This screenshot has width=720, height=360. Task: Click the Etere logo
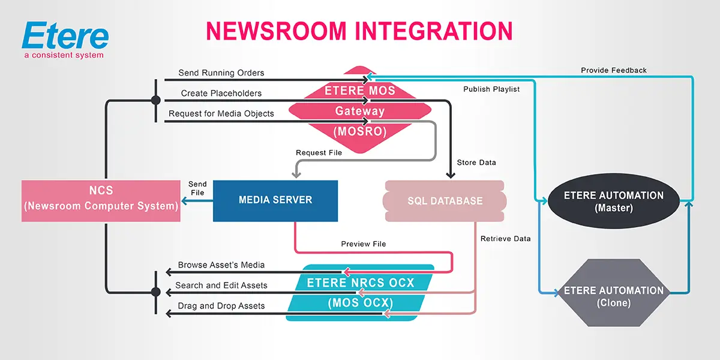[65, 36]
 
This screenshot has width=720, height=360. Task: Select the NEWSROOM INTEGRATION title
[359, 31]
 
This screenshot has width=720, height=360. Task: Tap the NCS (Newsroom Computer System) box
[101, 199]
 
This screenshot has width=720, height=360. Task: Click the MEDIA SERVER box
[275, 200]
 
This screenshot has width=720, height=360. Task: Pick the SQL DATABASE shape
[445, 201]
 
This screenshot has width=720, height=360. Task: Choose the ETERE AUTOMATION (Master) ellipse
[613, 202]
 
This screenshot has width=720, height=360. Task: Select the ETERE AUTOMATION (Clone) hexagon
[613, 296]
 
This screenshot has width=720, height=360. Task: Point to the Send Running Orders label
[221, 73]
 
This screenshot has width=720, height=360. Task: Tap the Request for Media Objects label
[221, 114]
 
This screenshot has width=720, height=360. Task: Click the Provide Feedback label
[614, 71]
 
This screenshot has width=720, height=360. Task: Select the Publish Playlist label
[491, 89]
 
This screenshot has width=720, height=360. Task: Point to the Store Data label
[476, 163]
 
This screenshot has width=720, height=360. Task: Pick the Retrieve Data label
[506, 239]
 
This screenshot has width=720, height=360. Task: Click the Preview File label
[364, 244]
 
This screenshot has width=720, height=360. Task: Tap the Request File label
[319, 153]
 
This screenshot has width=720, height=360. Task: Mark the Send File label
[197, 188]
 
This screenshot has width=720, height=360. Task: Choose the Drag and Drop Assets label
[221, 306]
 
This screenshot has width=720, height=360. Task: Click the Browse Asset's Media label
[221, 265]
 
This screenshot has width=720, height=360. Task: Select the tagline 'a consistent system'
[64, 56]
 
